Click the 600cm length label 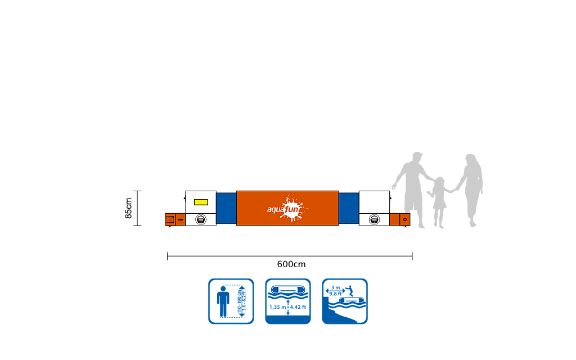click(x=291, y=264)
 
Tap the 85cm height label click(x=129, y=208)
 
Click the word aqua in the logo click(x=276, y=210)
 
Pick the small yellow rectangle click(x=201, y=202)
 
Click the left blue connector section click(x=226, y=208)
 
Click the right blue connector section click(x=349, y=208)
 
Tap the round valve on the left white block click(x=201, y=219)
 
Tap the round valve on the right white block click(x=374, y=219)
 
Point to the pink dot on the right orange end click(x=404, y=219)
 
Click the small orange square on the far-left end click(x=170, y=219)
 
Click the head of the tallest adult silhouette click(x=416, y=158)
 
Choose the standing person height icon click(x=231, y=301)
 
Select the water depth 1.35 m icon click(x=288, y=301)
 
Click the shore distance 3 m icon click(x=345, y=301)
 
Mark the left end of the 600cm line click(x=168, y=256)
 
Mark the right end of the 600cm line click(x=412, y=256)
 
